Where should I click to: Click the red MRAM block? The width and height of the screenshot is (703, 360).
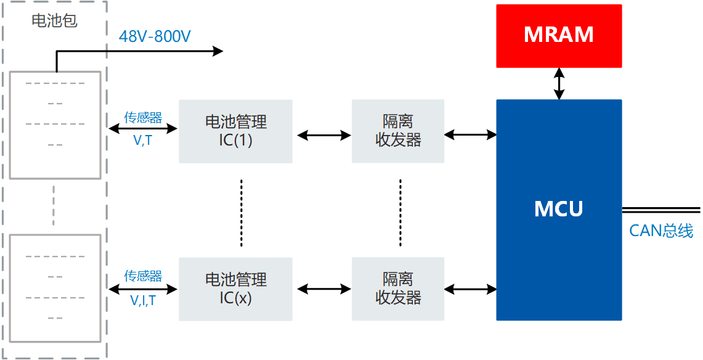(559, 36)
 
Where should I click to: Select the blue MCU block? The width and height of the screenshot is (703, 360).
(559, 210)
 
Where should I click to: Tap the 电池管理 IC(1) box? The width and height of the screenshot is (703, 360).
(235, 131)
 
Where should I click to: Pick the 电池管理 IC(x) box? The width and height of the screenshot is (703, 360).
(235, 288)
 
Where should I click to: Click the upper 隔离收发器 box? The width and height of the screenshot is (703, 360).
(397, 131)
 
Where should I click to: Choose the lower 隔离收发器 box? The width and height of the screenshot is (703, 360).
(397, 288)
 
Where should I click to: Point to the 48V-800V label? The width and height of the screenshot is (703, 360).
(155, 36)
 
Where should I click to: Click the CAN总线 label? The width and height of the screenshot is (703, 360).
(660, 231)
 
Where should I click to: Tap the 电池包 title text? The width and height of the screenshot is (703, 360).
(54, 20)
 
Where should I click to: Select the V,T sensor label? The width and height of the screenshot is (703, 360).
(143, 141)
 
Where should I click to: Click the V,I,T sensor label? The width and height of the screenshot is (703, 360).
(143, 300)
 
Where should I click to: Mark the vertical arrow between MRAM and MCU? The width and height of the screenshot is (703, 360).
(559, 83)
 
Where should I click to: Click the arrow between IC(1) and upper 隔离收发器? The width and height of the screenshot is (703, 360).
(323, 135)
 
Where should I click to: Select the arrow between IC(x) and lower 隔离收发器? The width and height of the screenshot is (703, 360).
(323, 288)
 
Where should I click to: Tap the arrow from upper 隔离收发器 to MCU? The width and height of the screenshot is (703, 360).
(470, 134)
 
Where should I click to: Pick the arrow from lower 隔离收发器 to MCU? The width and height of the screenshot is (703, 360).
(470, 288)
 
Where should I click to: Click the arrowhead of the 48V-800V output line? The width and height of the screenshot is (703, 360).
(217, 51)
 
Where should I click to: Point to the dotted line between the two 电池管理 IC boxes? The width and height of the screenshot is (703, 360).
(242, 211)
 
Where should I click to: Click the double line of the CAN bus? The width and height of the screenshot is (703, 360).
(661, 210)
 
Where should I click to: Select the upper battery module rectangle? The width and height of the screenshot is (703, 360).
(54, 125)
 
